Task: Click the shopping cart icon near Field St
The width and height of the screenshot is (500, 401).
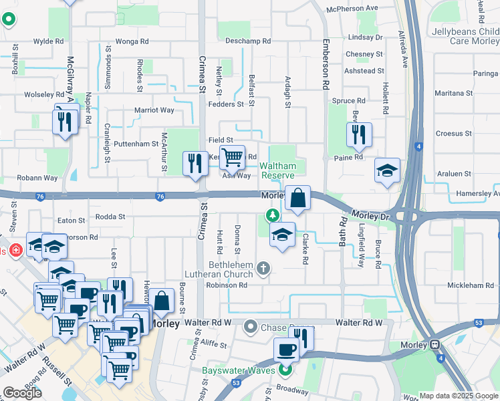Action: pyautogui.click(x=232, y=158)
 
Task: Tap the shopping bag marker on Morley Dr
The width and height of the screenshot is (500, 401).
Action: pyautogui.click(x=297, y=198)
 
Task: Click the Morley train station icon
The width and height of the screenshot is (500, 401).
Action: pyautogui.click(x=434, y=345)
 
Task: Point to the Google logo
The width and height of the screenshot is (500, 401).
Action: pyautogui.click(x=22, y=393)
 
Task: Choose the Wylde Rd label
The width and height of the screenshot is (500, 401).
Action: pyautogui.click(x=48, y=41)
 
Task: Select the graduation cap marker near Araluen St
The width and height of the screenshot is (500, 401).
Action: pyautogui.click(x=387, y=171)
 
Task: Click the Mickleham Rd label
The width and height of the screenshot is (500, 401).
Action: pyautogui.click(x=470, y=285)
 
